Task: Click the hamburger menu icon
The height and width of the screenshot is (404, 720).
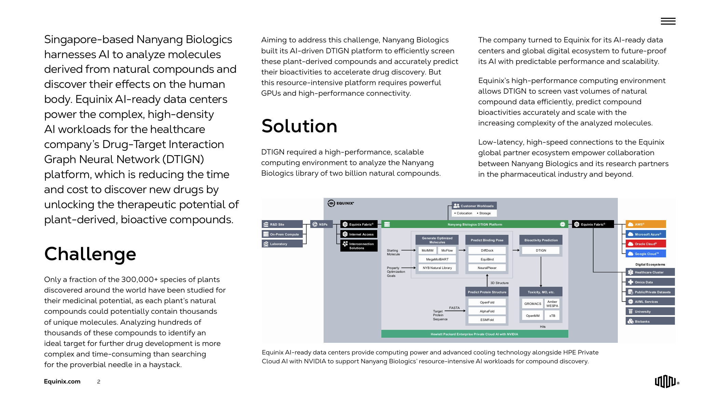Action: pyautogui.click(x=668, y=21)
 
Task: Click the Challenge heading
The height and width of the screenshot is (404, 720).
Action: pyautogui.click(x=90, y=254)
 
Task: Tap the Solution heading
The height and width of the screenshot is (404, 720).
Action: pyautogui.click(x=299, y=126)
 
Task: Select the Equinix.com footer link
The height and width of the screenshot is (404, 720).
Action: pyautogui.click(x=62, y=381)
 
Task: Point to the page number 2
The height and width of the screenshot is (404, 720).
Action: pyautogui.click(x=99, y=382)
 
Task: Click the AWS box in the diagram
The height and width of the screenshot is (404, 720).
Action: pyautogui.click(x=646, y=224)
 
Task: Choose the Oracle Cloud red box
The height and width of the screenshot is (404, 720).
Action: pyautogui.click(x=646, y=244)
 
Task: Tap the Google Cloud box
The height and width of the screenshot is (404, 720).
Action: pyautogui.click(x=646, y=254)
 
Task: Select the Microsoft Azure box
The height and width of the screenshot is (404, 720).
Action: pyautogui.click(x=646, y=234)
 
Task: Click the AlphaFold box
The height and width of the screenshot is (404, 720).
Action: pyautogui.click(x=487, y=311)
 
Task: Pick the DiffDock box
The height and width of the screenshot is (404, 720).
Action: pyautogui.click(x=487, y=251)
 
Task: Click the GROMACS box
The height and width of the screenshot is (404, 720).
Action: pyautogui.click(x=533, y=304)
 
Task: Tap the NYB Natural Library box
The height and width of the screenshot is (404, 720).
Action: pyautogui.click(x=437, y=268)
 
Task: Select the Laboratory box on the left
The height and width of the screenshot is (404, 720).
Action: pyautogui.click(x=282, y=244)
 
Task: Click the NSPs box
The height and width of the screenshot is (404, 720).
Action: pyautogui.click(x=321, y=224)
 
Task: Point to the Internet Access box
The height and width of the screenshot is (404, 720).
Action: pyautogui.click(x=359, y=234)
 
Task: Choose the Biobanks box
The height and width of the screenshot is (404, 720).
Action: pyautogui.click(x=650, y=321)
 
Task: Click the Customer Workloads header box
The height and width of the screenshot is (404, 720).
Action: pyautogui.click(x=474, y=206)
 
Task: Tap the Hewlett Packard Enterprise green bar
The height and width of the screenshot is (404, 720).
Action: pyautogui.click(x=474, y=334)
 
